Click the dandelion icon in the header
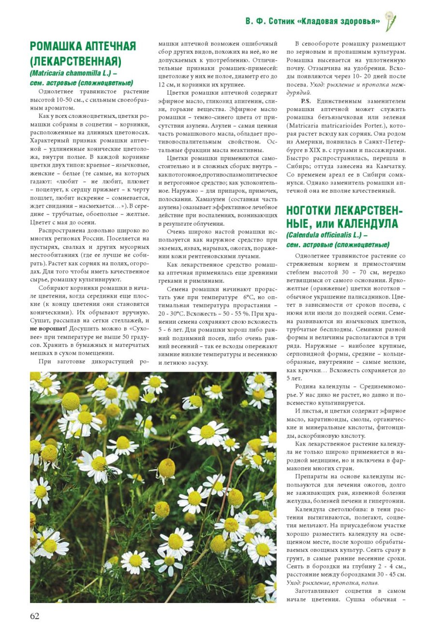(390, 21)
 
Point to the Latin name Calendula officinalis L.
(323, 235)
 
